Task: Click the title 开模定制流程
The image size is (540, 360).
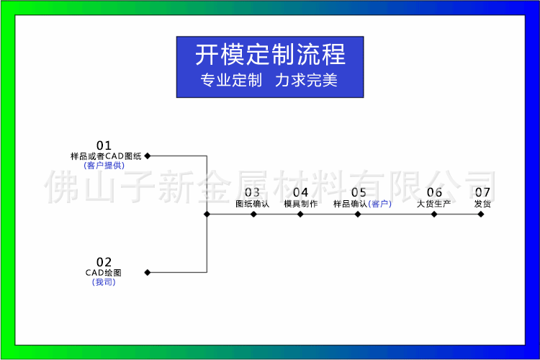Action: (x=270, y=55)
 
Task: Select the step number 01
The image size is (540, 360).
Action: (x=104, y=145)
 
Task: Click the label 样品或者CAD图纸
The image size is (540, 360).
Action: (x=106, y=156)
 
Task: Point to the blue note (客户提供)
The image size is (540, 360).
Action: (x=104, y=166)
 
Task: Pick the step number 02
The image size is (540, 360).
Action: (x=104, y=262)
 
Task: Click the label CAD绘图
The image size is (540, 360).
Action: (x=104, y=272)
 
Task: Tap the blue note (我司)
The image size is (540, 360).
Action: (x=104, y=282)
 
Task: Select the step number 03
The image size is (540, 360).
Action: (x=252, y=192)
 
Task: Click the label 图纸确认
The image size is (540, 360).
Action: (x=252, y=204)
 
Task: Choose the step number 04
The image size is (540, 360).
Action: (x=300, y=192)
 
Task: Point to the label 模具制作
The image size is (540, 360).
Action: (x=300, y=204)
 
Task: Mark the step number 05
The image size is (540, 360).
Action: (x=358, y=192)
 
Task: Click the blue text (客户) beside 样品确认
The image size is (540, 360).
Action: (x=379, y=204)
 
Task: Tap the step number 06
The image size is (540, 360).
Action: (x=434, y=192)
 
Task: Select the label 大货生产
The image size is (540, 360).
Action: (x=434, y=204)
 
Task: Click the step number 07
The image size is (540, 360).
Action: (x=482, y=192)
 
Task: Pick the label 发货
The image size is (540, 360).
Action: (x=482, y=204)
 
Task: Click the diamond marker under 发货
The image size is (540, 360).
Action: (x=481, y=214)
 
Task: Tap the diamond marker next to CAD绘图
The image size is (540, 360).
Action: (x=148, y=272)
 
